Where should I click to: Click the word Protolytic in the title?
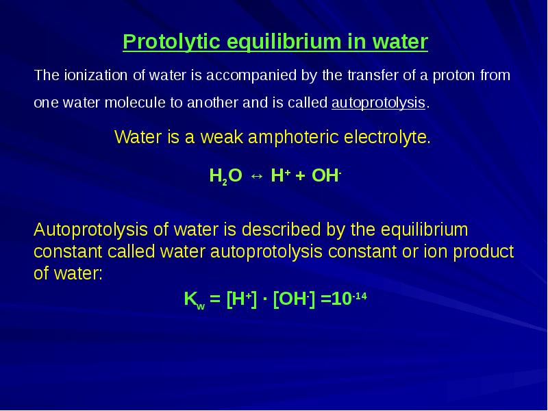pyautogui.click(x=172, y=42)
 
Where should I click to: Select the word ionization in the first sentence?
pyautogui.click(x=95, y=75)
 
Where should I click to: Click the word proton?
pyautogui.click(x=453, y=76)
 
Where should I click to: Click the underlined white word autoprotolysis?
pyautogui.click(x=378, y=103)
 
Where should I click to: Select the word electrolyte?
pyautogui.click(x=387, y=136)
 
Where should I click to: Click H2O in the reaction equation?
pyautogui.click(x=225, y=176)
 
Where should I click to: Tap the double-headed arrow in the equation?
pyautogui.click(x=256, y=176)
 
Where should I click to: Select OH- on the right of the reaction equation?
pyautogui.click(x=326, y=175)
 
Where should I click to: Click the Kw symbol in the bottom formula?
pyautogui.click(x=195, y=300)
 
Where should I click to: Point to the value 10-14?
pyautogui.click(x=349, y=299)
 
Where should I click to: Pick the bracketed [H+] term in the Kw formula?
pyautogui.click(x=242, y=299)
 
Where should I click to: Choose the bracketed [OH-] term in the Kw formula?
pyautogui.click(x=294, y=299)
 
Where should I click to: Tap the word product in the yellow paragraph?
pyautogui.click(x=484, y=252)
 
